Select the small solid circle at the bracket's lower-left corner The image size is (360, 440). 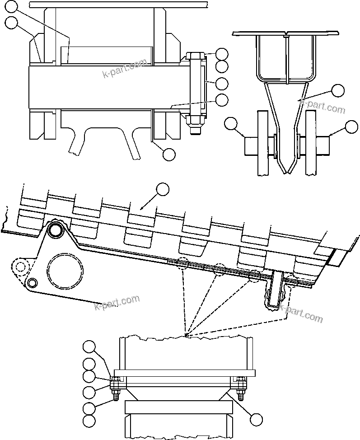click(32, 283)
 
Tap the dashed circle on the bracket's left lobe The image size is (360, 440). click(19, 266)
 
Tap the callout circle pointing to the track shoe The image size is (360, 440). click(162, 189)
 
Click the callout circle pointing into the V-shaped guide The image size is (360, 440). click(338, 91)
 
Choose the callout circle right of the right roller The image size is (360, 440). click(351, 127)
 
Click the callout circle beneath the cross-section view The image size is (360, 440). click(168, 154)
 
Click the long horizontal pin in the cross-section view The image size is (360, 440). click(108, 87)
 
